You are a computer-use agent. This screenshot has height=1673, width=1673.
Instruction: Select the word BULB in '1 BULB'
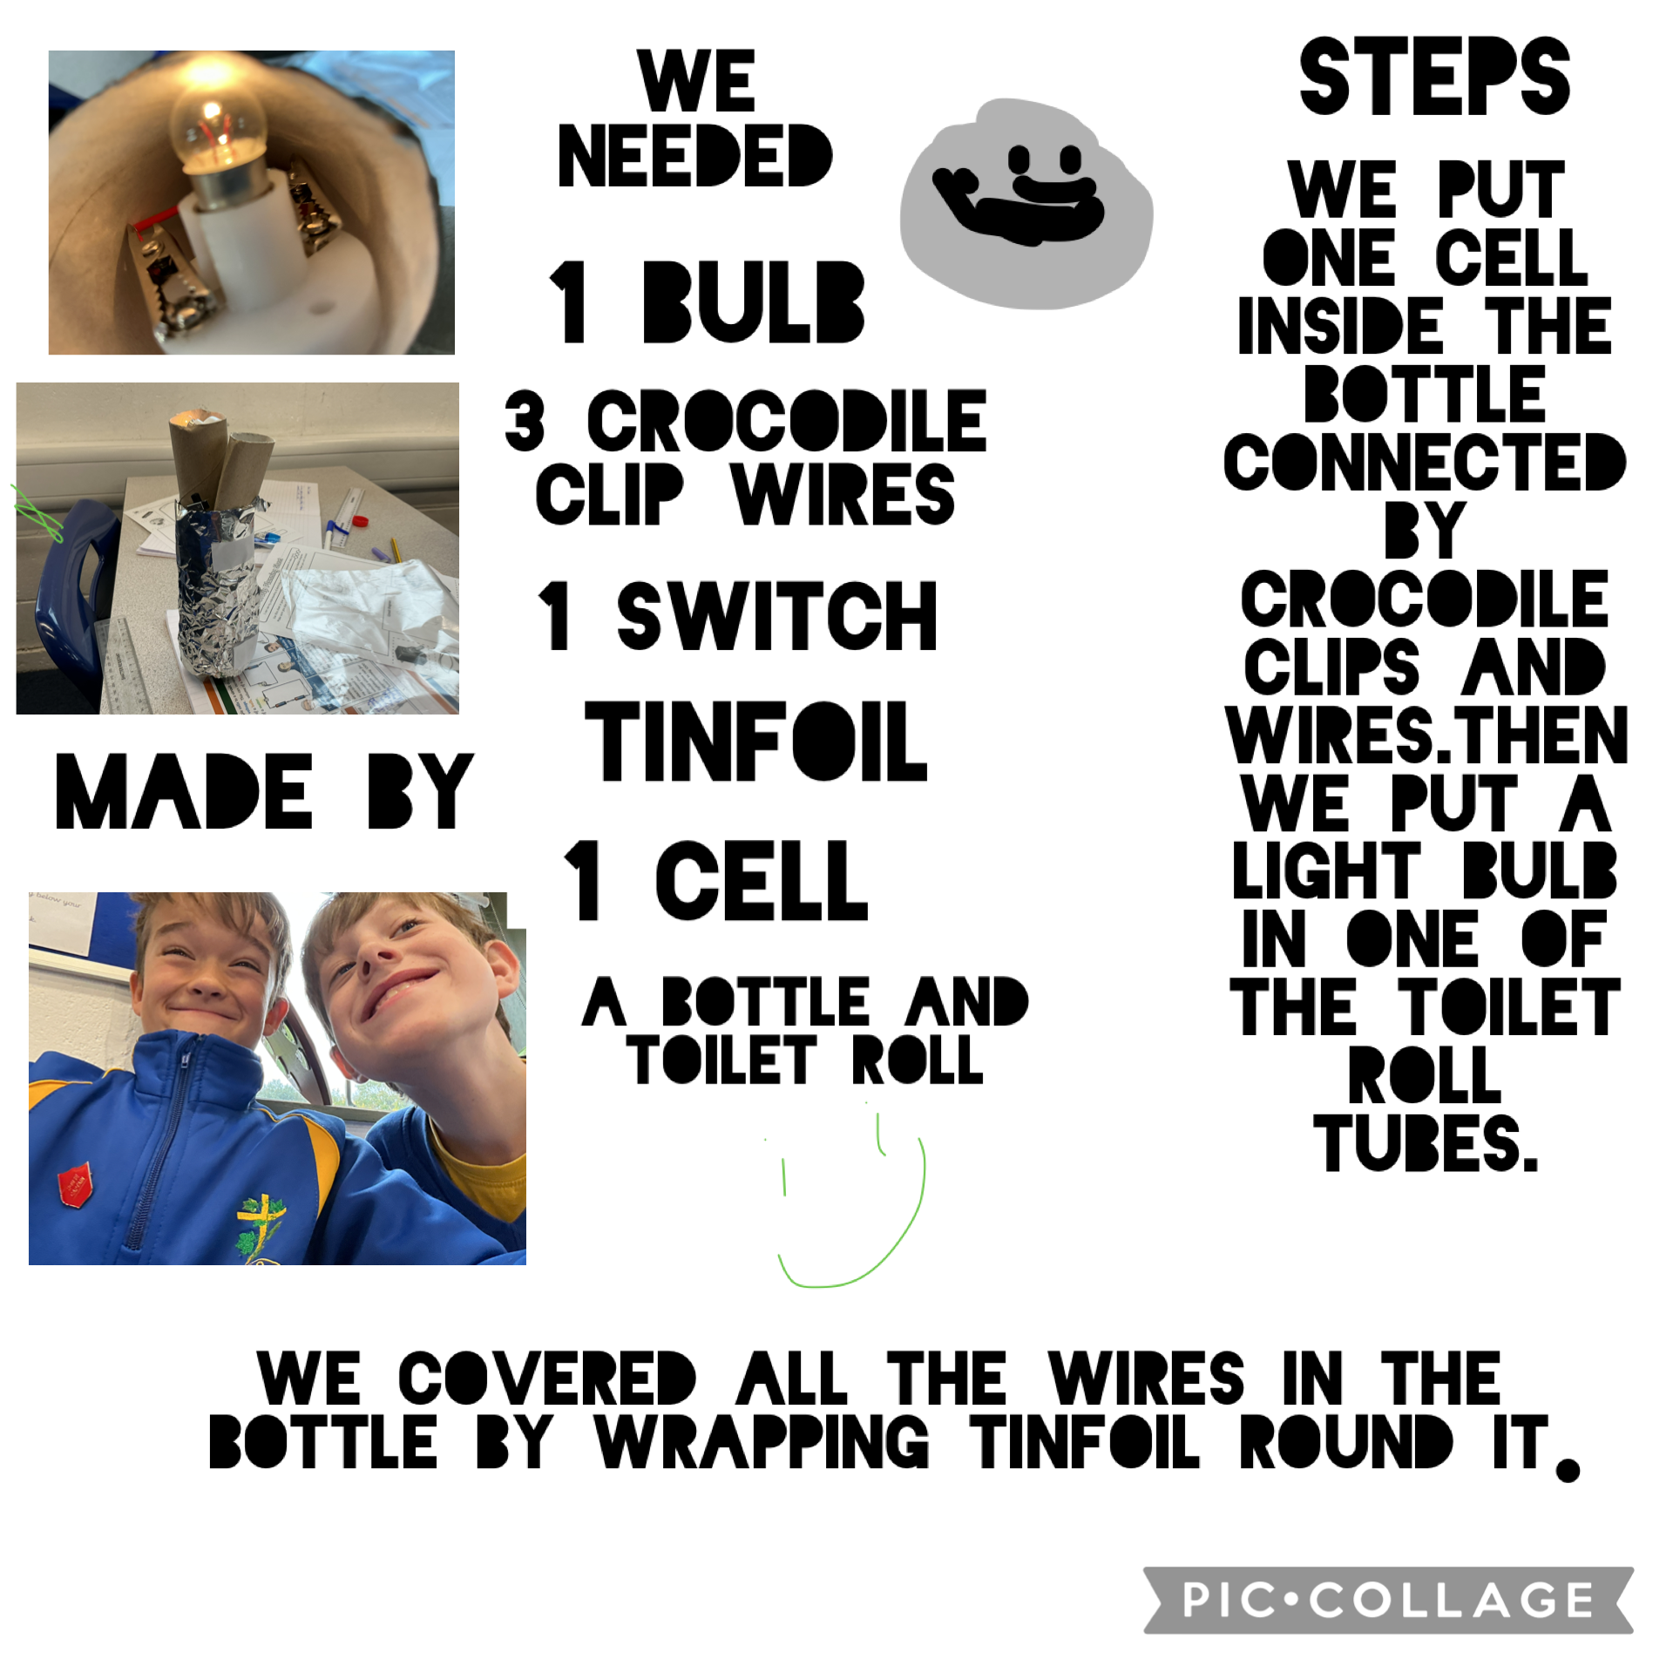click(754, 301)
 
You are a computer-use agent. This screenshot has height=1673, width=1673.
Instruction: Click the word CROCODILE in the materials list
click(787, 422)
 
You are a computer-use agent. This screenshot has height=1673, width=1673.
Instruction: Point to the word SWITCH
click(777, 617)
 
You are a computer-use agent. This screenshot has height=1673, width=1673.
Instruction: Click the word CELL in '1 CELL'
click(762, 880)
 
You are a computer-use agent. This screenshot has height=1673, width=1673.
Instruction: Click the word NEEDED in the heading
click(695, 156)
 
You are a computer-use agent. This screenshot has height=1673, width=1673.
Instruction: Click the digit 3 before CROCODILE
click(525, 422)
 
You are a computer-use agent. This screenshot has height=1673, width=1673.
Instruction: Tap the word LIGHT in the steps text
click(1327, 870)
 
